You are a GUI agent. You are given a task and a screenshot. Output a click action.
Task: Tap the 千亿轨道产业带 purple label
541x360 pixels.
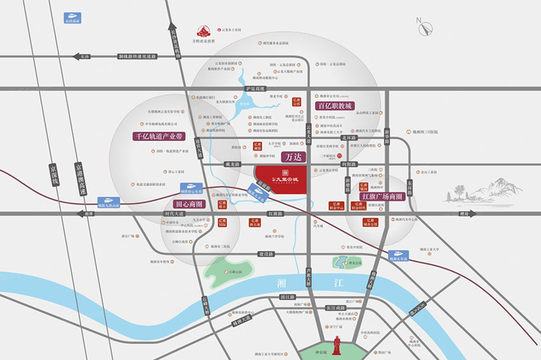[x=157, y=136]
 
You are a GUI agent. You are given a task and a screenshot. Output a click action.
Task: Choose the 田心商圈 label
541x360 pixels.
[x=184, y=204]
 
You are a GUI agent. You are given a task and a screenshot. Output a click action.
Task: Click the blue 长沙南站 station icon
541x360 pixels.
[x=74, y=17]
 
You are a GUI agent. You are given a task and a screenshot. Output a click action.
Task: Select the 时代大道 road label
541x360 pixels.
[x=174, y=214]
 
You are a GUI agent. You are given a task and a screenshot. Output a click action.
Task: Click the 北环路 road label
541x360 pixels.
[x=365, y=137]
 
